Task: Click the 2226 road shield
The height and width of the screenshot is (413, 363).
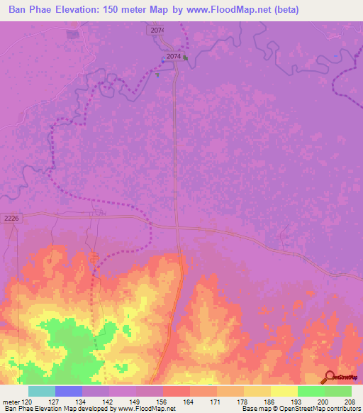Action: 9,219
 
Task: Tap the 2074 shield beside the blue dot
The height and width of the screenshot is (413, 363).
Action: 174,56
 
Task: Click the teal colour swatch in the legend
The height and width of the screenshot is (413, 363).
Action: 42,391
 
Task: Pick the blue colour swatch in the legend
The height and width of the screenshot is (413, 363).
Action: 69,391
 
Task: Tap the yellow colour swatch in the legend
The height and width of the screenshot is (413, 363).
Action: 284,391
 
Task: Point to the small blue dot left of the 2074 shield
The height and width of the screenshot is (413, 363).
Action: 163,60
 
